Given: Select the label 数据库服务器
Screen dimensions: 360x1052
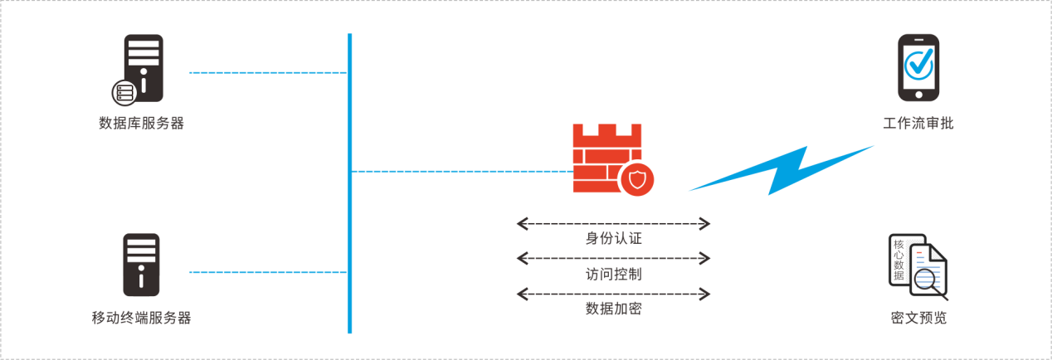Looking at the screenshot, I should click(x=141, y=124).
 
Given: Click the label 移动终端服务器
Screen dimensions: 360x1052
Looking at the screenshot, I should click(x=141, y=318).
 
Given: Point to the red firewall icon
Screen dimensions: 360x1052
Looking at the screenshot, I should click(x=606, y=158).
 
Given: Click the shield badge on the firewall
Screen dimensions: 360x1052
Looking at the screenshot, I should click(x=637, y=179).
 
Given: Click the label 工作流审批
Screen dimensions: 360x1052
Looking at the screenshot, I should click(x=918, y=124).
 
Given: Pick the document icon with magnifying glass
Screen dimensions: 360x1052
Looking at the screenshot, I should click(x=919, y=267).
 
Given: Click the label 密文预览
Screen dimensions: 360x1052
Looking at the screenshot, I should click(x=918, y=318).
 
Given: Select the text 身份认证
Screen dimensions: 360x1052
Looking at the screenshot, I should click(x=614, y=239).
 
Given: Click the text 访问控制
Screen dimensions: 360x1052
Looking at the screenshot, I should click(x=614, y=274).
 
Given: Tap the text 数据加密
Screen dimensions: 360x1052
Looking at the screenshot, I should click(x=614, y=309).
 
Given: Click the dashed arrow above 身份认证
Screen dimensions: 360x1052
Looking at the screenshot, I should click(x=614, y=223).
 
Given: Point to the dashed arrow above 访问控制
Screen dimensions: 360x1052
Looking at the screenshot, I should click(x=614, y=259).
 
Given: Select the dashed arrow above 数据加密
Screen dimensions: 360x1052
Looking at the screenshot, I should click(x=614, y=294).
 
